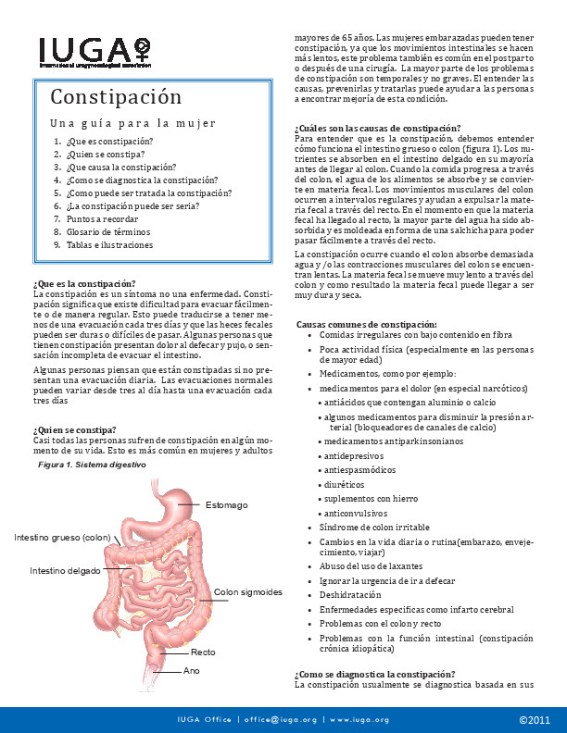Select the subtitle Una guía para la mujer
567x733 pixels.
[132, 122]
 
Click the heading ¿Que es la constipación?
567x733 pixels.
[84, 283]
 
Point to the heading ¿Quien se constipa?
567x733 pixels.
[74, 429]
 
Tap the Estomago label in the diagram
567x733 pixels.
[226, 504]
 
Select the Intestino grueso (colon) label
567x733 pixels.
[63, 538]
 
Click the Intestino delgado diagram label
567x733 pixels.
[65, 570]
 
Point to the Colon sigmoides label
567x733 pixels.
[247, 591]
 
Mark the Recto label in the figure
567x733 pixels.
[203, 652]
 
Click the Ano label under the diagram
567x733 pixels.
[192, 670]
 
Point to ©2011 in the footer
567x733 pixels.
[535, 719]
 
